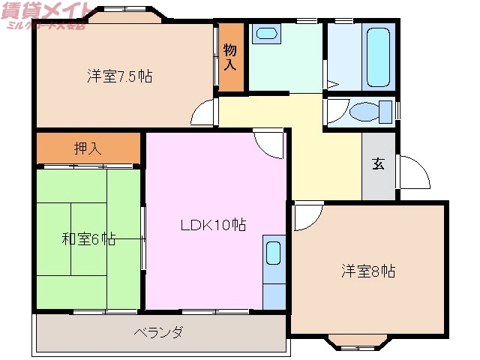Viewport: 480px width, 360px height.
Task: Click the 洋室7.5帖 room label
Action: pos(120,76)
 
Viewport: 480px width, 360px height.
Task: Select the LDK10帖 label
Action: pos(214,224)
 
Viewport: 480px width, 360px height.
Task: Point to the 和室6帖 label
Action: pos(88,239)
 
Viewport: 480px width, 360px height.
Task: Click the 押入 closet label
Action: pos(88,148)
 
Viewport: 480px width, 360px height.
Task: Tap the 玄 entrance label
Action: pos(379,165)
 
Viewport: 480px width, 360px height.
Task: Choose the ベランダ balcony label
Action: pos(158,332)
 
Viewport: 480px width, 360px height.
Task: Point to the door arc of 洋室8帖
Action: pos(306,217)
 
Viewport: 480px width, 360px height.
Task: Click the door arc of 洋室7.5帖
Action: pos(203,114)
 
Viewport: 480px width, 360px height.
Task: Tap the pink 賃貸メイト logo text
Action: pos(41,10)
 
